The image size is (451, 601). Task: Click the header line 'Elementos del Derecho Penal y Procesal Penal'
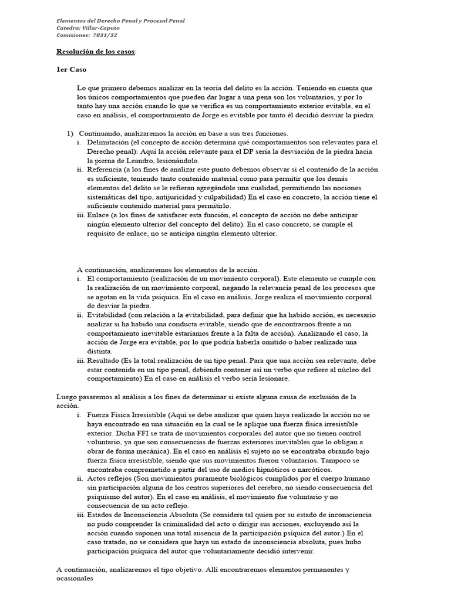120,21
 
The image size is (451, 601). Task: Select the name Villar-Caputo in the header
105,28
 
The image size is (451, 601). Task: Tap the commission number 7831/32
104,35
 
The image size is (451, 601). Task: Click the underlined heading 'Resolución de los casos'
95,52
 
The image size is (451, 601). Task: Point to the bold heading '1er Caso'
71,69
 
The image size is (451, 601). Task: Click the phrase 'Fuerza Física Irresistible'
126,415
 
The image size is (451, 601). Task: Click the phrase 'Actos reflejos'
109,479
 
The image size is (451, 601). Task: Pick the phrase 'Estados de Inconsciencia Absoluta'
142,515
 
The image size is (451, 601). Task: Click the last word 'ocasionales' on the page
75,579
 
